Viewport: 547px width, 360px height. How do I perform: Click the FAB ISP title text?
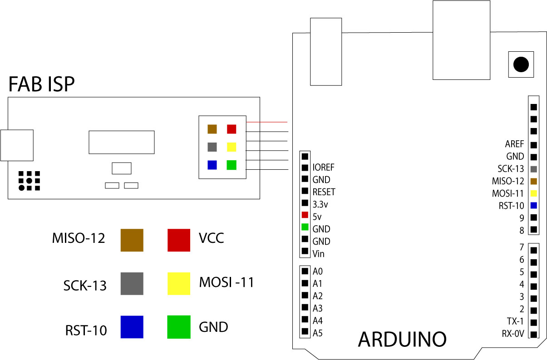pos(41,84)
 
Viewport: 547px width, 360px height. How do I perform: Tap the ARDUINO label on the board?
pos(402,339)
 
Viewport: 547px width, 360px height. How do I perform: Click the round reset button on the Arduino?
pos(521,64)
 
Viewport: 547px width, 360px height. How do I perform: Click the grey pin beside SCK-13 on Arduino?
pos(533,169)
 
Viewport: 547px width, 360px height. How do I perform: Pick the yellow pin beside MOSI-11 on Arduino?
pos(533,193)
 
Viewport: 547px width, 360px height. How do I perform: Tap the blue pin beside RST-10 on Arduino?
pos(533,205)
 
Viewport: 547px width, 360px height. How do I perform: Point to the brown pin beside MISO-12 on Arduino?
pos(533,181)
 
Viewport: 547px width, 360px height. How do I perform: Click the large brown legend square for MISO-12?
pos(132,240)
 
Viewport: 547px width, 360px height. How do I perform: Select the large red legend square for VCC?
pos(179,240)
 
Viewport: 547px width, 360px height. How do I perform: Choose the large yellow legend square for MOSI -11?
pos(179,283)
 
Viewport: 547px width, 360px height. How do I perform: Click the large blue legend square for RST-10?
pos(132,327)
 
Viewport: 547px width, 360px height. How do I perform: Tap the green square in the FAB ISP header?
pos(232,165)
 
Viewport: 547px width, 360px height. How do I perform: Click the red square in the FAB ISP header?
pos(232,129)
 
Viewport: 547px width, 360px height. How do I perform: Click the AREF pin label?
pos(514,144)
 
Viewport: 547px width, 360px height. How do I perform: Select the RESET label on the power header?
pos(324,192)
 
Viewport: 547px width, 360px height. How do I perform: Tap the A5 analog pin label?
pos(318,333)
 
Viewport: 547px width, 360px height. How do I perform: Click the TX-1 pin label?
pos(515,321)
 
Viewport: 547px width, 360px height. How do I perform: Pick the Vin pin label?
pos(318,253)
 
